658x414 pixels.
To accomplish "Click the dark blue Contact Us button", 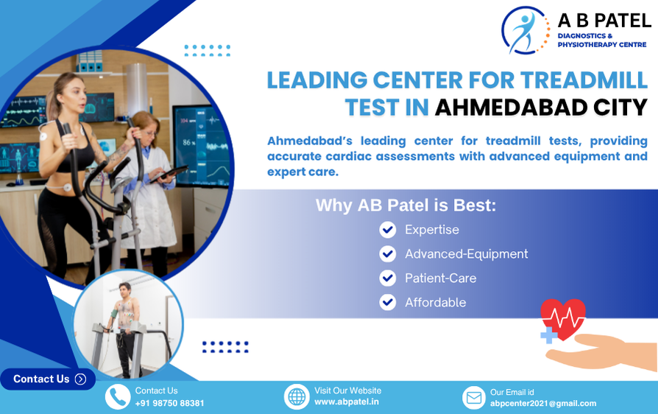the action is click(48, 379).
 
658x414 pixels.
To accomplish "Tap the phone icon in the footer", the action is click(118, 397).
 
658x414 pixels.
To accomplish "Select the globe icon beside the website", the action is click(297, 397).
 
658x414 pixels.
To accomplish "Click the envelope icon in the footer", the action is click(474, 398).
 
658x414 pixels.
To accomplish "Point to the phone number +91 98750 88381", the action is click(169, 403).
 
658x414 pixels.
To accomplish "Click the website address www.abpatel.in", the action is click(347, 401).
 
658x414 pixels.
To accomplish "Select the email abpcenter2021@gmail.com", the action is click(543, 404).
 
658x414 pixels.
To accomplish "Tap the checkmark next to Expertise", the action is click(388, 230).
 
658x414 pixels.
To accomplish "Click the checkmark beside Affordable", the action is click(388, 302).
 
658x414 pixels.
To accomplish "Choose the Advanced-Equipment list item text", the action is click(466, 254).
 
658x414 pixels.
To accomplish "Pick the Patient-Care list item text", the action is click(441, 278).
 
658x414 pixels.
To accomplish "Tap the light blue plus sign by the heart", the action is click(549, 335).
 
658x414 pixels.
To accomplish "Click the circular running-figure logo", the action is click(525, 30).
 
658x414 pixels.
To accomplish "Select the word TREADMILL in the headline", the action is click(584, 80).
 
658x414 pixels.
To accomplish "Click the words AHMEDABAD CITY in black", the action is click(541, 108).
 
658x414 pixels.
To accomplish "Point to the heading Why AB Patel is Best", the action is click(406, 206).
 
